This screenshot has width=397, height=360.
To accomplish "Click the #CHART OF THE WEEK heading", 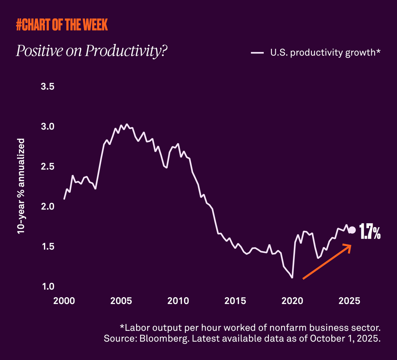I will pos(62,25).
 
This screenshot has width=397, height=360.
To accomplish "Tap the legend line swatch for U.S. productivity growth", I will pos(257,53).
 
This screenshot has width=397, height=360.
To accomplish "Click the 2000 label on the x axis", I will pos(64,300).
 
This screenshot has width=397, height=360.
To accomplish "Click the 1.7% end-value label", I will pos(369,232).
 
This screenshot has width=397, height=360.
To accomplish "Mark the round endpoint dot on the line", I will pos(352,230).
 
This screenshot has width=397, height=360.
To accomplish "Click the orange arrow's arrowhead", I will pos(348,247).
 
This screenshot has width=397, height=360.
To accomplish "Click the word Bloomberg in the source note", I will pos(154,338).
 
